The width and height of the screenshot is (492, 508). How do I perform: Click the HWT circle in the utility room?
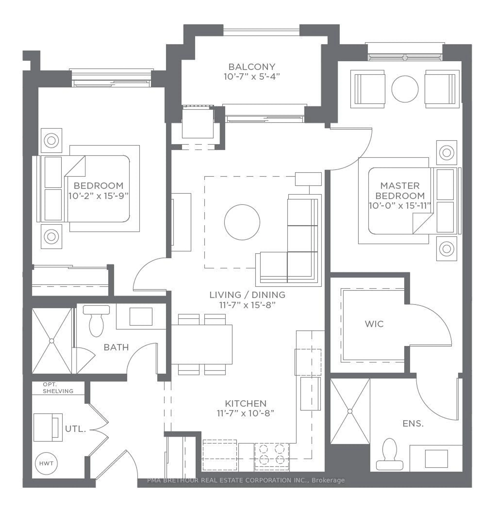click(46, 463)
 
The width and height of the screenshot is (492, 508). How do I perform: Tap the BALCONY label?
click(252, 67)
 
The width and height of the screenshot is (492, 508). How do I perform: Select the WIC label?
click(374, 324)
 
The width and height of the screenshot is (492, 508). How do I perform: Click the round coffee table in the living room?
click(242, 222)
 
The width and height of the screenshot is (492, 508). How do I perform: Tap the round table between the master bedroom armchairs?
click(405, 89)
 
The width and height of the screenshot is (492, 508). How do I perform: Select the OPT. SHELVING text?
click(58, 388)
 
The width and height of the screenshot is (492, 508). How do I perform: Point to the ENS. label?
click(413, 424)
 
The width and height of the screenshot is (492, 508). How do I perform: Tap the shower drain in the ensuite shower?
click(350, 411)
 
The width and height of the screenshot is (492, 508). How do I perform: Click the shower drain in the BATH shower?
click(52, 341)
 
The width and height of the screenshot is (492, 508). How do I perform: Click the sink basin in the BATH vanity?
click(141, 316)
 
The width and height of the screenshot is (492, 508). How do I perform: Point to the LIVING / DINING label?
click(247, 295)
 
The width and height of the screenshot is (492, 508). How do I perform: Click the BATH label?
click(116, 347)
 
